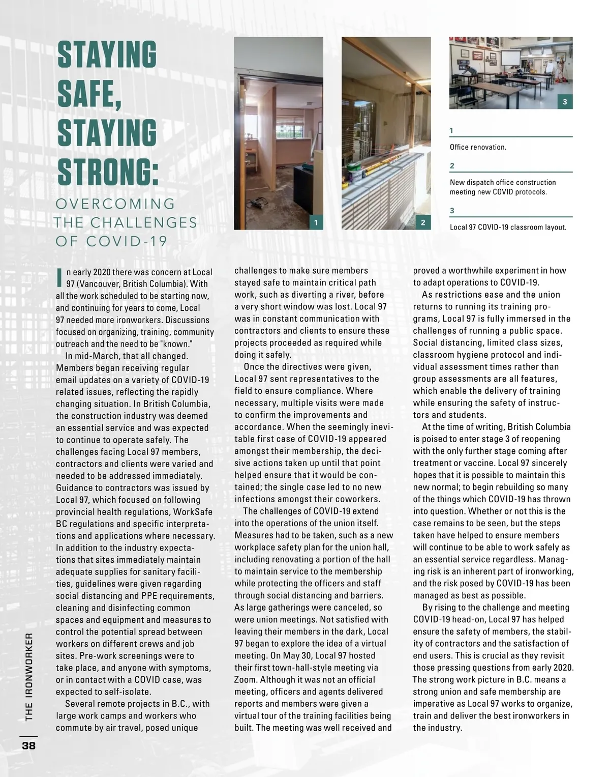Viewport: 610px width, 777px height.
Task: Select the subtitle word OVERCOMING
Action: pyautogui.click(x=115, y=204)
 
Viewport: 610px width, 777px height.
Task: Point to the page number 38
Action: pyautogui.click(x=28, y=745)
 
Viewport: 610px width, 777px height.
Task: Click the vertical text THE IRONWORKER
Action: pyautogui.click(x=29, y=677)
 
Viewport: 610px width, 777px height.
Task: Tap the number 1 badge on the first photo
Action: pyautogui.click(x=316, y=222)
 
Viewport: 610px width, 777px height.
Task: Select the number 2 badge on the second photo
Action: pyautogui.click(x=423, y=222)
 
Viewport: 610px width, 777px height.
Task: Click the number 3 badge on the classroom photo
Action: pyautogui.click(x=565, y=102)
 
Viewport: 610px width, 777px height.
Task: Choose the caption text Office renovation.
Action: pyautogui.click(x=478, y=147)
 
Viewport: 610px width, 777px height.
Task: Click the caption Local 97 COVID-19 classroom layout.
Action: pyautogui.click(x=508, y=227)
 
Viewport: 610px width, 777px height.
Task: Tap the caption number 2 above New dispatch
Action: pyautogui.click(x=452, y=166)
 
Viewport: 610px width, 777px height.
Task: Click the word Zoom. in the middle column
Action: pyautogui.click(x=247, y=680)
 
